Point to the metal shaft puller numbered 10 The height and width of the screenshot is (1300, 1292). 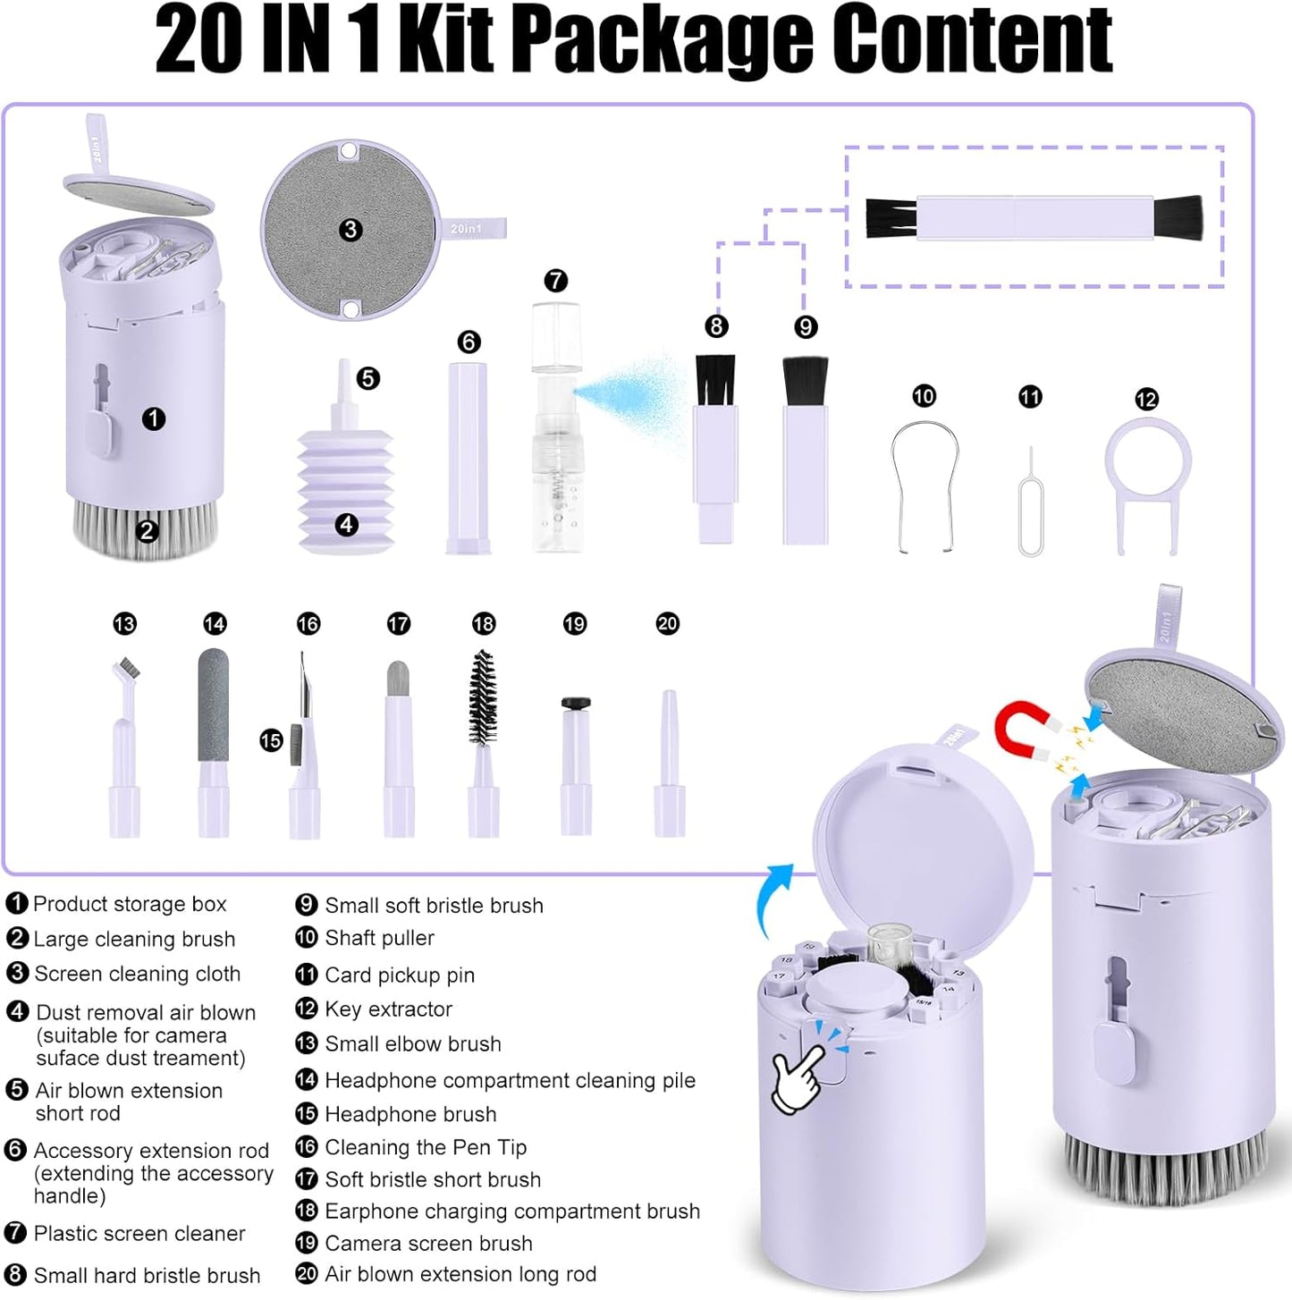point(925,484)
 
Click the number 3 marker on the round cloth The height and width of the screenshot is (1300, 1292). point(350,230)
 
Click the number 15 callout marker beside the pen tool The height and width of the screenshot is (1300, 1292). point(271,740)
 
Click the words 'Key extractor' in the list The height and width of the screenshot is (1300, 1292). point(388,1009)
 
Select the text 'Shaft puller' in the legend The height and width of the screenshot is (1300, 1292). point(379,938)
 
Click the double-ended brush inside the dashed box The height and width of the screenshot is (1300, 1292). point(1034,218)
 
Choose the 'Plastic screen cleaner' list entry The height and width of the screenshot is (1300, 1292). point(139,1234)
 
